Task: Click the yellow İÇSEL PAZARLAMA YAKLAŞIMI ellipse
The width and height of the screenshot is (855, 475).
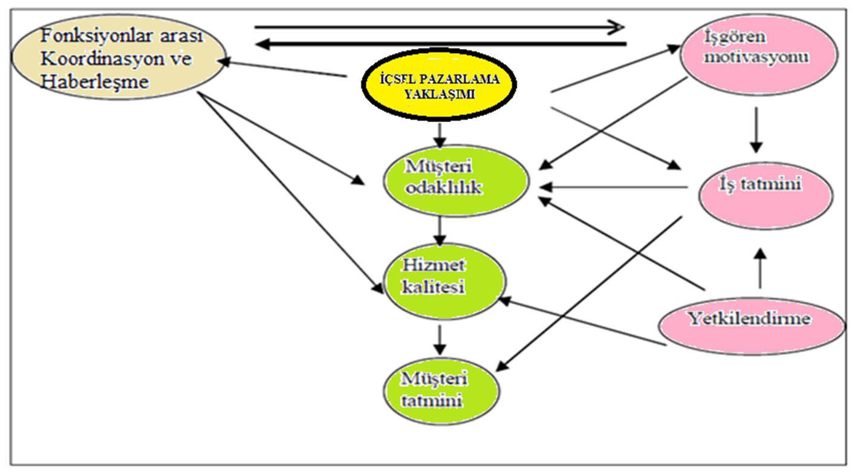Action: (x=439, y=85)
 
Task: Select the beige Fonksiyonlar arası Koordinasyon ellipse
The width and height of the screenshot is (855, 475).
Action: (x=119, y=57)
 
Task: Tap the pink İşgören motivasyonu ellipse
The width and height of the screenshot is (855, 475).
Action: (x=759, y=55)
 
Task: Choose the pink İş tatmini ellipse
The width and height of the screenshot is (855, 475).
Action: (x=766, y=196)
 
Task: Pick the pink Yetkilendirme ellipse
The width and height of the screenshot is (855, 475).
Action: (x=752, y=326)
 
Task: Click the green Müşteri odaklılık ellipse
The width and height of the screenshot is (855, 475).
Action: (x=456, y=181)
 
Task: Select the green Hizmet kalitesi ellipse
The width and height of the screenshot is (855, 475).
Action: (x=444, y=282)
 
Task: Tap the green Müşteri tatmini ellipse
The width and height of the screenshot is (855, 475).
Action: (x=441, y=391)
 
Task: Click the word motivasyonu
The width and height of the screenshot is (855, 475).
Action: (x=756, y=57)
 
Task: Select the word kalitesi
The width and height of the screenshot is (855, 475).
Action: (x=433, y=287)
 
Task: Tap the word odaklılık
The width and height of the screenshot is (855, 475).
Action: (x=444, y=188)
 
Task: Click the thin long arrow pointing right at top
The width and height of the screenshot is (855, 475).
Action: (x=439, y=27)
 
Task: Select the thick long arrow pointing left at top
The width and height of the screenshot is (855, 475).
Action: (x=441, y=44)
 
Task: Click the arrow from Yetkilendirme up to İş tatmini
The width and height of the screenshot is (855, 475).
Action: (x=760, y=268)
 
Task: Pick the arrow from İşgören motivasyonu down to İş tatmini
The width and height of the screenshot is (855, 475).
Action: (x=756, y=130)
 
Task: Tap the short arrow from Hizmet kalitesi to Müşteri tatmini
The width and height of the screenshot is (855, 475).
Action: (x=440, y=340)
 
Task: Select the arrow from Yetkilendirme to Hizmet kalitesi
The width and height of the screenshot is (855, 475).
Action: (x=582, y=322)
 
